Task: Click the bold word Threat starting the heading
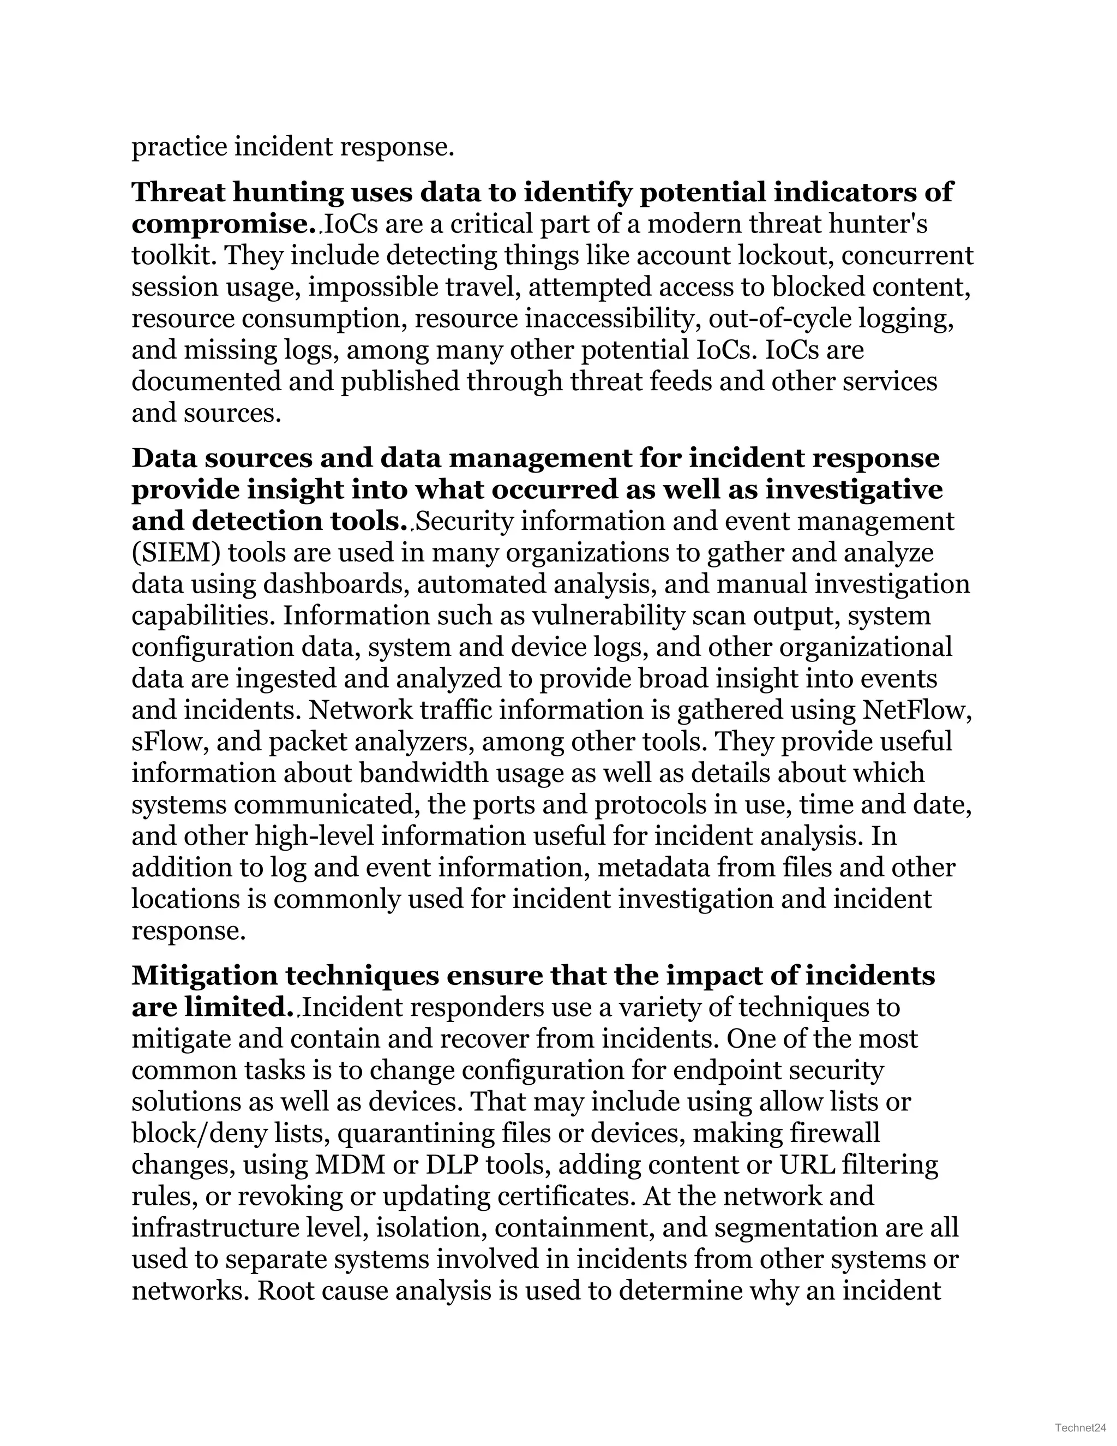point(177,192)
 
